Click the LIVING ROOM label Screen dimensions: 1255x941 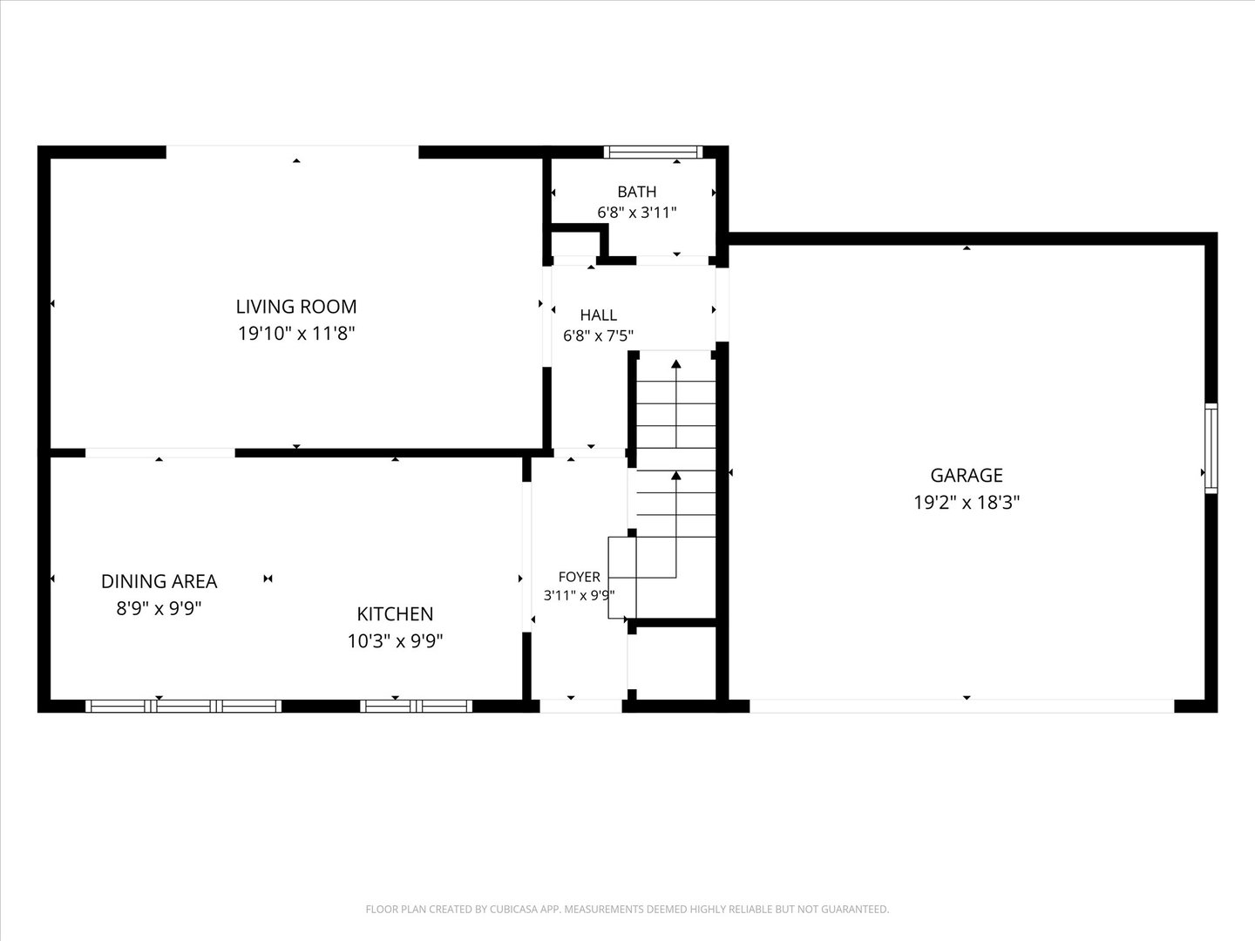tap(296, 307)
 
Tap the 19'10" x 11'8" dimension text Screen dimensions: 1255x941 tap(296, 333)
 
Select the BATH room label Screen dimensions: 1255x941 tap(637, 192)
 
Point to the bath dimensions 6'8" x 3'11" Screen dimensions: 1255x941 tap(637, 213)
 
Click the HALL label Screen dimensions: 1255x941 tap(598, 315)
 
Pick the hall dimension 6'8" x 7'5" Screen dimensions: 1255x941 tap(598, 335)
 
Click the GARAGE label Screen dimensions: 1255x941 tap(967, 476)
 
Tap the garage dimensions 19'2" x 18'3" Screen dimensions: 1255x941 tap(967, 502)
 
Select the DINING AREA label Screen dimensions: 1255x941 tap(159, 582)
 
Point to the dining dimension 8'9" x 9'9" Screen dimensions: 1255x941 tap(159, 608)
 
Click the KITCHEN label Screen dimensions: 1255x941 tap(395, 614)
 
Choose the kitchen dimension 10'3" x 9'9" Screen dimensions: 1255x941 tap(395, 641)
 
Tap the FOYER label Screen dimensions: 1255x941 tap(580, 577)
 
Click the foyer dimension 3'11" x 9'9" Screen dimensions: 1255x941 tap(580, 595)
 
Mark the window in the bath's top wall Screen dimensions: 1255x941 tap(654, 152)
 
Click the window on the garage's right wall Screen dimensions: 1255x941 tap(1211, 448)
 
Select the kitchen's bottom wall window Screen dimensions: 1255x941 tap(416, 706)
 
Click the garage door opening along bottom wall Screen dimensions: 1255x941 tap(961, 706)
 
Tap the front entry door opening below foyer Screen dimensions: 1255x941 tap(580, 706)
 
